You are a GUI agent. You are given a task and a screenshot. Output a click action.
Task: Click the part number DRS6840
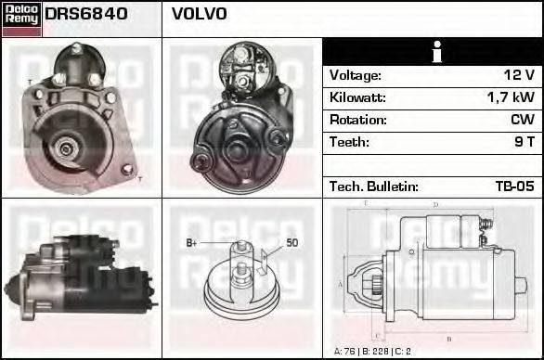[x=86, y=15]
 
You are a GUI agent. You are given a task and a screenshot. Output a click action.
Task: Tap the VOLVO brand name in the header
[x=199, y=15]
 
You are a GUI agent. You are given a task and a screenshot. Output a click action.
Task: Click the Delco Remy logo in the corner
[x=21, y=18]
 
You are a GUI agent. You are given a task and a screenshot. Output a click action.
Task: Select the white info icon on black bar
[x=434, y=53]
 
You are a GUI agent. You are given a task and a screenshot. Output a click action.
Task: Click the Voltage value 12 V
[x=516, y=75]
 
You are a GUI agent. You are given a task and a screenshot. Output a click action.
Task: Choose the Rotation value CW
[x=522, y=120]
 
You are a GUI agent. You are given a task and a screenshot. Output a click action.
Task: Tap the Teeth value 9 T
[x=524, y=142]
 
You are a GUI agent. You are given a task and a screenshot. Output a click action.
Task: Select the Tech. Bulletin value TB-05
[x=514, y=186]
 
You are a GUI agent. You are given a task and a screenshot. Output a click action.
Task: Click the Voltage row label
[x=356, y=75]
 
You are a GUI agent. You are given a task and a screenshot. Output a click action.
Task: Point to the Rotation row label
[x=357, y=120]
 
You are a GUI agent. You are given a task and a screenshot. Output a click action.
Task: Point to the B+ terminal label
[x=192, y=243]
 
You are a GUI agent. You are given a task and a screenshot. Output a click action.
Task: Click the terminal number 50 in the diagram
[x=291, y=243]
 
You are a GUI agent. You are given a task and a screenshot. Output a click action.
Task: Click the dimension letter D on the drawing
[x=435, y=205]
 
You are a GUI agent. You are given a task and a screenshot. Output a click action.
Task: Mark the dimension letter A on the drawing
[x=341, y=282]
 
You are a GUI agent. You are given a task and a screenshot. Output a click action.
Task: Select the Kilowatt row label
[x=357, y=97]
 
